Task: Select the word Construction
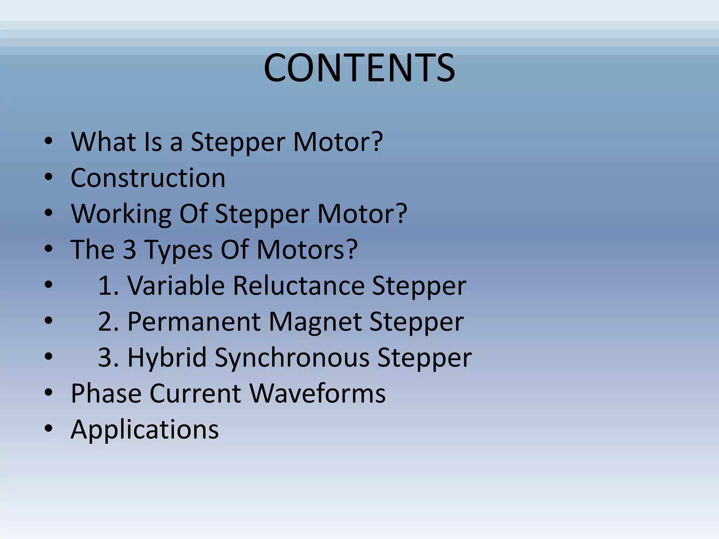[x=148, y=178]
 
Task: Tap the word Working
[x=121, y=214]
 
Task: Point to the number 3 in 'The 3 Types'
[x=130, y=249]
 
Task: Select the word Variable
[x=176, y=285]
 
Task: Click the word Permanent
[x=194, y=322]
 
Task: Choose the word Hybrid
[x=167, y=358]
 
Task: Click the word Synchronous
[x=292, y=358]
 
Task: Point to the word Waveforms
[x=318, y=393]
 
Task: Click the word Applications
[x=145, y=430]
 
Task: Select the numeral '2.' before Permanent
[x=108, y=322]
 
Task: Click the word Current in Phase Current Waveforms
[x=196, y=393]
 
